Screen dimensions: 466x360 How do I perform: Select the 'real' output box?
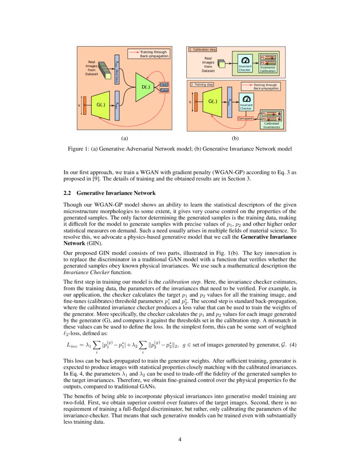[164, 85]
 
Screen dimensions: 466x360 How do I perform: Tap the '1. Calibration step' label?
[202, 50]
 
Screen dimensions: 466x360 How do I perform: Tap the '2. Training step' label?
[202, 84]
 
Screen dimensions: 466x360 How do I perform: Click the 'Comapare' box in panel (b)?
[245, 119]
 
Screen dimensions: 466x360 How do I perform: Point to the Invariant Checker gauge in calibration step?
[245, 60]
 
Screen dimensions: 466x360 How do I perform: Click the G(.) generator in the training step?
[213, 102]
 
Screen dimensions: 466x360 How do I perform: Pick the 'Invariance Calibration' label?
[268, 69]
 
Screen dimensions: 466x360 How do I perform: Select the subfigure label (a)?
[124, 138]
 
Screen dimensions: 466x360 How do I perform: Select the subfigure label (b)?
[235, 138]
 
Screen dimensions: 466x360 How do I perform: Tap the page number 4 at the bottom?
[180, 439]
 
